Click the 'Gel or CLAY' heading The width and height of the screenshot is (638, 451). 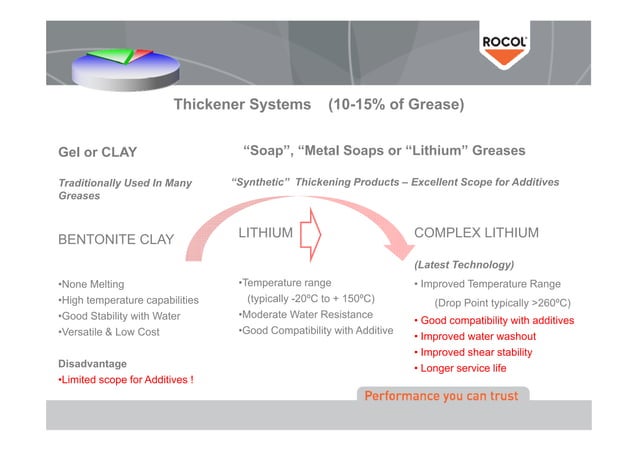97,153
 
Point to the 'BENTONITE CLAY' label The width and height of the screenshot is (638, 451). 117,240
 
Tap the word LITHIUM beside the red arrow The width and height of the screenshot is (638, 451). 266,234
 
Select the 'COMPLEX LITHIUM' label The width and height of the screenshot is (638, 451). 476,233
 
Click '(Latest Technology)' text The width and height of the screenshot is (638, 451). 464,265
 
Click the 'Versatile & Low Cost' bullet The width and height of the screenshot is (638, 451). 110,332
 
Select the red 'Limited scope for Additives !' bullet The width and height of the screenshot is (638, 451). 125,380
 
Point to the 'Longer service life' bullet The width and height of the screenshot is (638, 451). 464,369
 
